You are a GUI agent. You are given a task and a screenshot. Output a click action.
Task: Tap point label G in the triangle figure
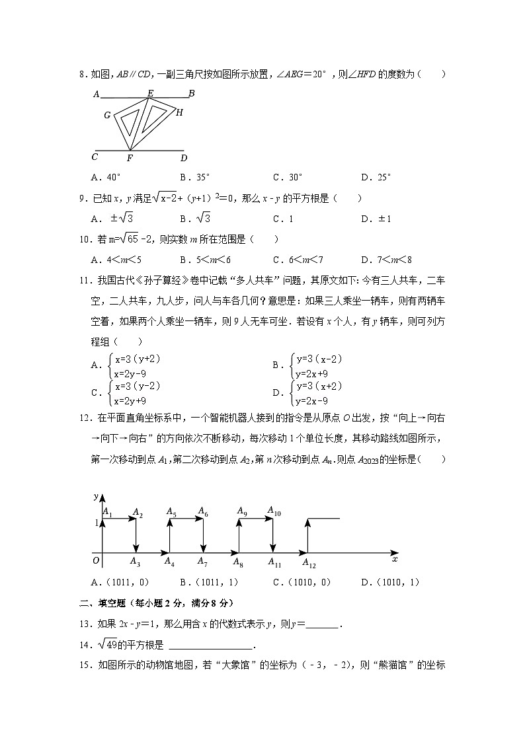107,116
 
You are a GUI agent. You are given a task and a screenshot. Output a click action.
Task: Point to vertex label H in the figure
179,112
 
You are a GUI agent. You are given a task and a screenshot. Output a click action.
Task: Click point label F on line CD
130,159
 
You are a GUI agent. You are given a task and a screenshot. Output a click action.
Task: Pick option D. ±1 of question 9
378,219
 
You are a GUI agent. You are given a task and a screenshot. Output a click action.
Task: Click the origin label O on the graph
97,561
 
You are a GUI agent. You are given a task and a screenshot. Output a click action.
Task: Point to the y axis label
97,496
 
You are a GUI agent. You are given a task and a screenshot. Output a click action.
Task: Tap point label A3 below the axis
135,562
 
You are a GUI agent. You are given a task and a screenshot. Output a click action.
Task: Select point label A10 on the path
274,511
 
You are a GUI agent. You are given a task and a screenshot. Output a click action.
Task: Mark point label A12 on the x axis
309,563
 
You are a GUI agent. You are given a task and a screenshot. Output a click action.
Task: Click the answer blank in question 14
211,646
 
